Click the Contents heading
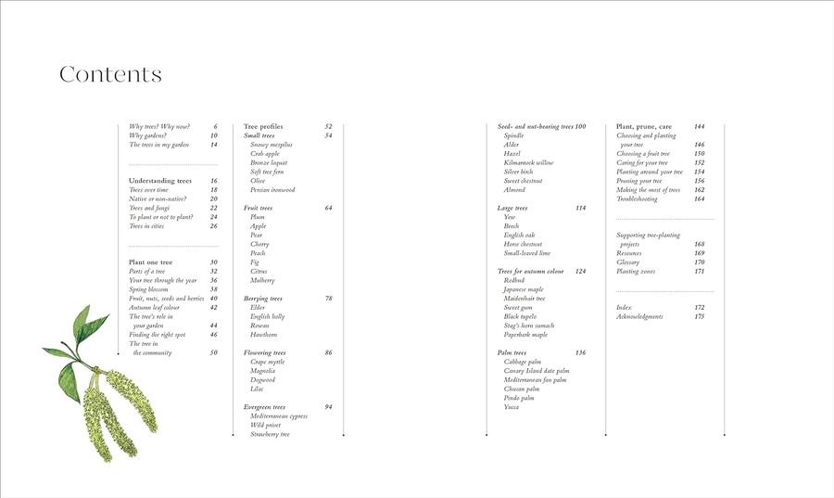[x=110, y=75]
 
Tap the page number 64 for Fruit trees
[x=328, y=208]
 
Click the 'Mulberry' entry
[x=263, y=280]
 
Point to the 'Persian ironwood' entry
[x=272, y=190]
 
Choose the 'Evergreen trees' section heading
[x=265, y=407]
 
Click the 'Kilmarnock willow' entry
[x=529, y=162]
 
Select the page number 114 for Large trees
[x=580, y=208]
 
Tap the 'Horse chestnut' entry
[x=525, y=244]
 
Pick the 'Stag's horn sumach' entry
[x=530, y=326]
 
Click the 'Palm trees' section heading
[x=512, y=352]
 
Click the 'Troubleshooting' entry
[x=637, y=198]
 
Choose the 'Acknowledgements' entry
[x=639, y=316]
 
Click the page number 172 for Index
[x=699, y=307]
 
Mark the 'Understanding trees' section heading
[x=160, y=181]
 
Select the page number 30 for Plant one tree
[x=213, y=262]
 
